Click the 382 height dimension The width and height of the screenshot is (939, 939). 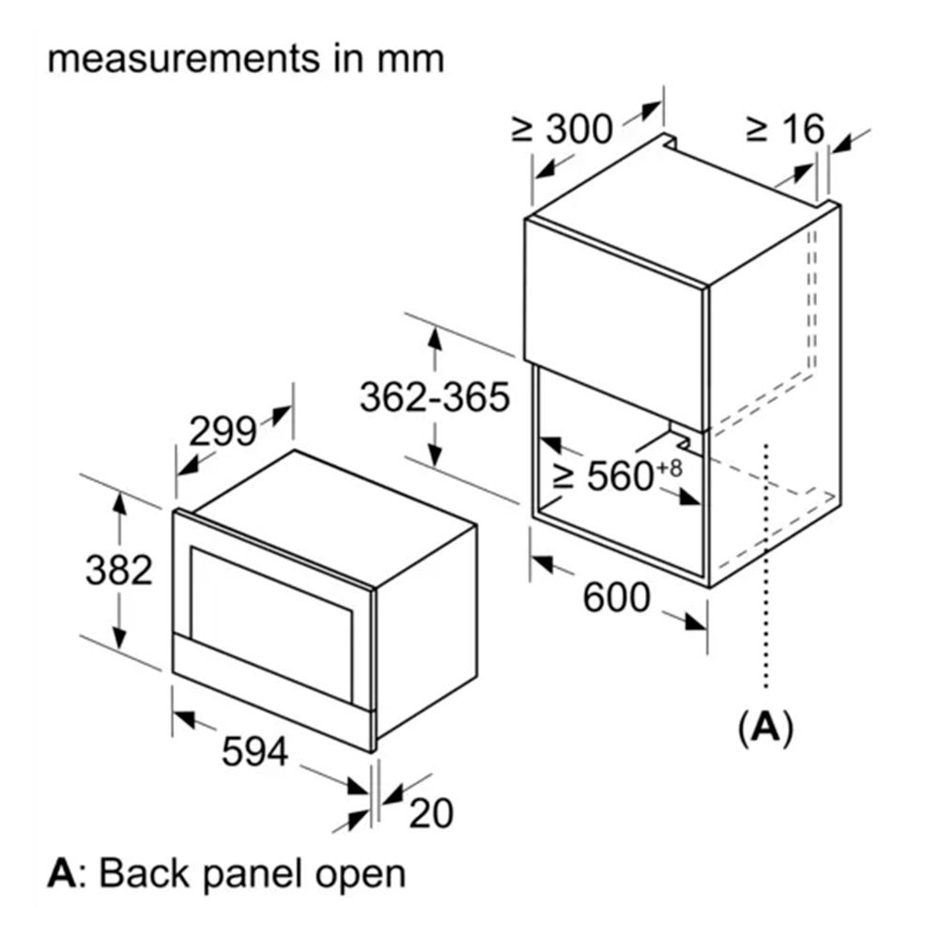click(x=119, y=570)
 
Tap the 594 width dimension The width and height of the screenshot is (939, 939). click(x=255, y=751)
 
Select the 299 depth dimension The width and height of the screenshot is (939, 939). click(x=223, y=431)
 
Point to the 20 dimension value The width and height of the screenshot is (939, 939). click(x=431, y=813)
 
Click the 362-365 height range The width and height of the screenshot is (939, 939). click(x=435, y=397)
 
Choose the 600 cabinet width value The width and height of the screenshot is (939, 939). click(x=616, y=597)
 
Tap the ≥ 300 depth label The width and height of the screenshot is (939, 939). click(x=562, y=129)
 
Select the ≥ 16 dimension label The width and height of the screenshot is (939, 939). click(x=786, y=128)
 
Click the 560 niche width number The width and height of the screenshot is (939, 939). click(x=620, y=476)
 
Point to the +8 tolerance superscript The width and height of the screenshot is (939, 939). click(x=670, y=468)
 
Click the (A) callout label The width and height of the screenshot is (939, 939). click(x=765, y=729)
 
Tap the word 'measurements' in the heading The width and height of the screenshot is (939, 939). click(x=184, y=59)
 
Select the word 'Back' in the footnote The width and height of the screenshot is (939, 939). click(x=145, y=873)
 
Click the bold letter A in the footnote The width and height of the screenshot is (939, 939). click(x=62, y=873)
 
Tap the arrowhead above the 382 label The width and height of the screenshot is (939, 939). click(x=120, y=504)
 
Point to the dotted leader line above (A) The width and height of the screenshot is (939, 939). click(x=766, y=566)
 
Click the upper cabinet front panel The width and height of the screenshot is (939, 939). click(x=615, y=323)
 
